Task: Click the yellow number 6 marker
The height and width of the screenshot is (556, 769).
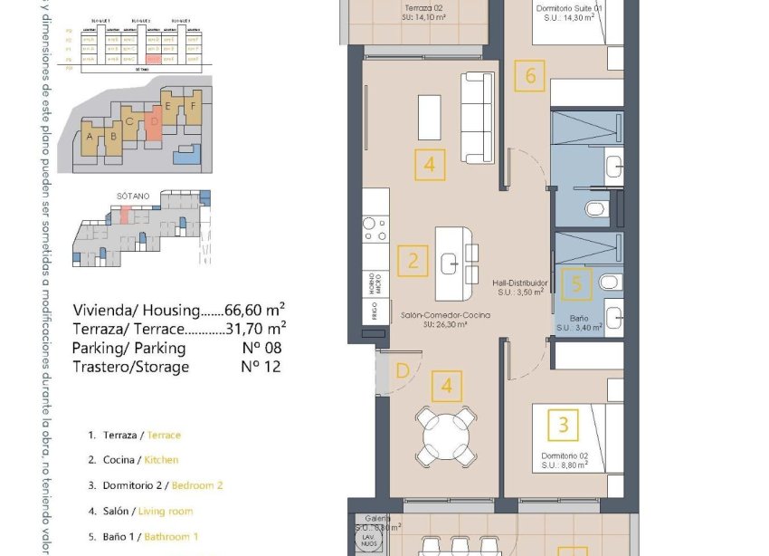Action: click(530, 75)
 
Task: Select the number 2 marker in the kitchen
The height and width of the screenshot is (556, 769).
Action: click(413, 262)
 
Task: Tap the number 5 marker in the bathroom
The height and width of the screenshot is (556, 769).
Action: click(576, 284)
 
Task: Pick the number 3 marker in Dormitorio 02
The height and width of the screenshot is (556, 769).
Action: click(564, 424)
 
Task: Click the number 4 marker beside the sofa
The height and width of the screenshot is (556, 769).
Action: click(430, 165)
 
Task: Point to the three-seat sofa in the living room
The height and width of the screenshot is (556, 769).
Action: click(478, 118)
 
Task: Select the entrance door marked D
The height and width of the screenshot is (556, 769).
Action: click(402, 370)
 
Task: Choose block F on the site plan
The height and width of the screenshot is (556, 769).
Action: click(192, 105)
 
